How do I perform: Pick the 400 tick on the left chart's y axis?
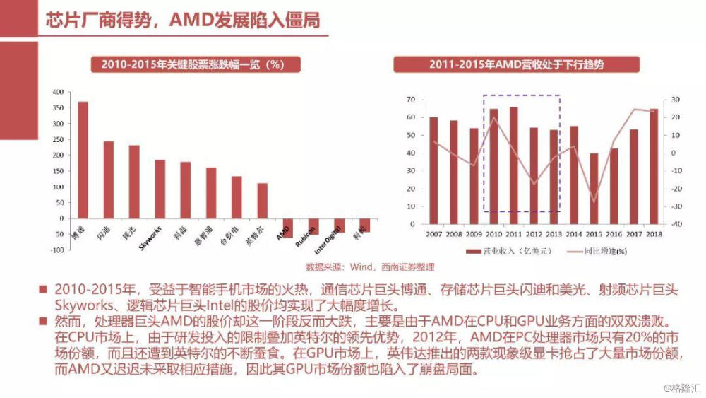pyautogui.click(x=58, y=92)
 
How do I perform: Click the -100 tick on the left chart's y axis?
pyautogui.click(x=56, y=250)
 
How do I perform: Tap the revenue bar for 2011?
pyautogui.click(x=513, y=165)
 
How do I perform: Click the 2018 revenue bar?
pyautogui.click(x=654, y=167)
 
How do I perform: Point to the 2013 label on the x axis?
pyautogui.click(x=554, y=233)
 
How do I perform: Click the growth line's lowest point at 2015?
pyautogui.click(x=594, y=201)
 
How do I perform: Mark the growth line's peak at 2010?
pyautogui.click(x=494, y=117)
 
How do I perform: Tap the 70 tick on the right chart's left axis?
pyautogui.click(x=410, y=100)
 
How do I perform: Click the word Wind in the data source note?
pyautogui.click(x=361, y=268)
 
